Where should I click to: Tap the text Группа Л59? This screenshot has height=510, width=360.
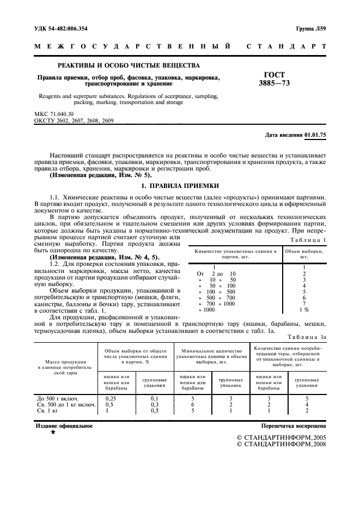[311, 28]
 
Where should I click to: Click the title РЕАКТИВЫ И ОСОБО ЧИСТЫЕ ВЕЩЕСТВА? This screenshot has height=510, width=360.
[129, 66]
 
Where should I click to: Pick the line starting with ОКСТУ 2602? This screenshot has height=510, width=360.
[74, 120]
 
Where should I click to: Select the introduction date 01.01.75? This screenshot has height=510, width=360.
[315, 134]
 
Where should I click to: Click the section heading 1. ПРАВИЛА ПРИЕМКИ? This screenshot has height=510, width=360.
[180, 186]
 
